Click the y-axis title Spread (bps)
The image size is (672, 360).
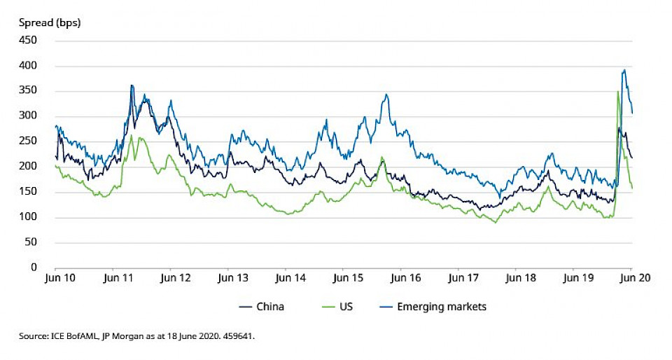point(50,22)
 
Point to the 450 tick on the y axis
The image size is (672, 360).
point(27,41)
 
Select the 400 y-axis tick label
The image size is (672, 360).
point(27,66)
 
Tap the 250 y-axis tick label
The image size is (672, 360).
point(27,141)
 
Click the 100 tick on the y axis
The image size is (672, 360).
point(27,217)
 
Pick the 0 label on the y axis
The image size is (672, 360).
point(33,268)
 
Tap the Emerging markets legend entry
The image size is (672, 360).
point(441,307)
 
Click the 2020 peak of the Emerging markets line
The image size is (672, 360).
point(624,70)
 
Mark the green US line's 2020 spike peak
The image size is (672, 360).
point(617,92)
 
